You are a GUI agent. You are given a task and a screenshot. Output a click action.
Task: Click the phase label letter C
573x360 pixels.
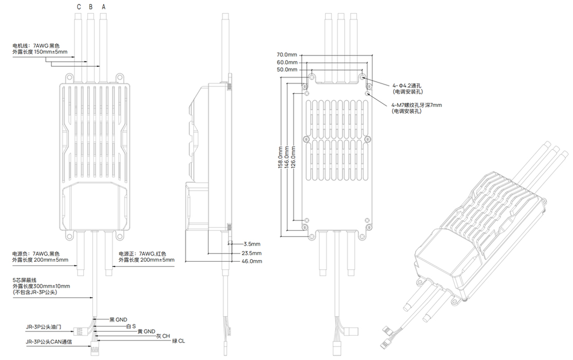pos(79,7)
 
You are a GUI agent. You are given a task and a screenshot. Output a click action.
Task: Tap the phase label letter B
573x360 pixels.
pos(91,7)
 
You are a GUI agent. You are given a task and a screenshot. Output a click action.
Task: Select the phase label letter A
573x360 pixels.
pos(104,7)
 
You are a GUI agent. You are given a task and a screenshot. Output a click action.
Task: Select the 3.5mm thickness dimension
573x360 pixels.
pos(252,244)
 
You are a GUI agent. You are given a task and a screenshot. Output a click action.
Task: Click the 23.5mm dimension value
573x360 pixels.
pos(252,253)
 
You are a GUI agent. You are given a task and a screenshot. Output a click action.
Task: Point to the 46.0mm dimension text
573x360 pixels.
pos(252,261)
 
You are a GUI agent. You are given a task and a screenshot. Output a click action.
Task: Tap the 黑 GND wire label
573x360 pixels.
pos(118,319)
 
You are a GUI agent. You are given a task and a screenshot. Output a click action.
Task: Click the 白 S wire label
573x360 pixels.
pos(130,326)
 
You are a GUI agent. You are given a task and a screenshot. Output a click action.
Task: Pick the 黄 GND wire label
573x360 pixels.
pos(146,331)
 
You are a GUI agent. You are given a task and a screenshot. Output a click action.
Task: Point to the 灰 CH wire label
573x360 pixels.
pos(163,336)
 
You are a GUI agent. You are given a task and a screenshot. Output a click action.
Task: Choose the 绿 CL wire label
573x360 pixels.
pos(178,341)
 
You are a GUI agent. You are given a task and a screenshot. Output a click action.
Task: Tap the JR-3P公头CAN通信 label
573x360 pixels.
pos(49,342)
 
